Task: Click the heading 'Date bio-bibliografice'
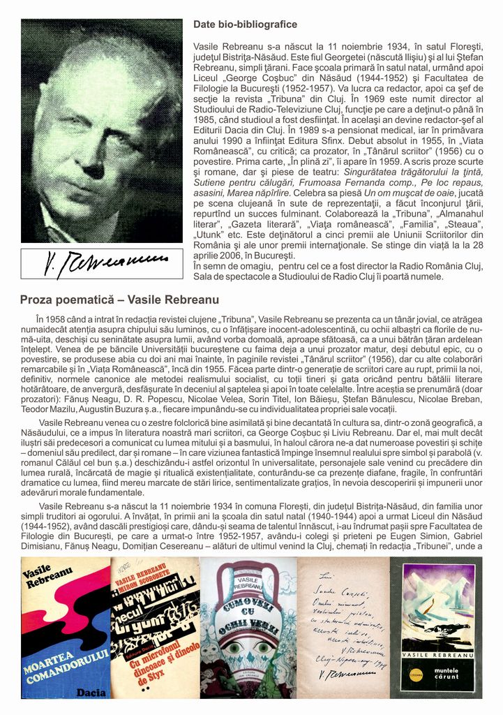click(x=245, y=24)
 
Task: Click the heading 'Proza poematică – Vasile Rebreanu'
click(x=110, y=300)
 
